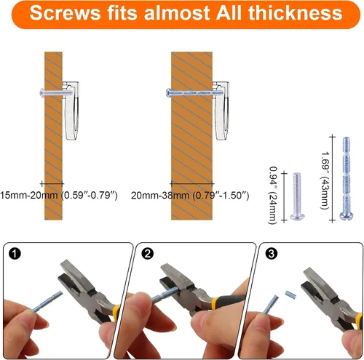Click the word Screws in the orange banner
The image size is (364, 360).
[x=65, y=13]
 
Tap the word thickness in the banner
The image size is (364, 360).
[x=296, y=13]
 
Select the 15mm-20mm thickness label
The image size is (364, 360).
[x=59, y=195]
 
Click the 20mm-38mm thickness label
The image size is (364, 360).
[x=190, y=195]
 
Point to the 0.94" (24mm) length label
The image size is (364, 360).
[x=273, y=195]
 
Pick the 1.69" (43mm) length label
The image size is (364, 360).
[x=325, y=180]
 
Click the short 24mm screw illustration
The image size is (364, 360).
[x=297, y=196]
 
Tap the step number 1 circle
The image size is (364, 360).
[x=15, y=254]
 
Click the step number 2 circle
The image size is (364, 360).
[x=148, y=254]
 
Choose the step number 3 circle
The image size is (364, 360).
[x=272, y=254]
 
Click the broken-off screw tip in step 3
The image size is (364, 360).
[x=290, y=295]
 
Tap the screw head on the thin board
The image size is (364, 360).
[x=41, y=92]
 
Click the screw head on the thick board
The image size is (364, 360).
[x=168, y=92]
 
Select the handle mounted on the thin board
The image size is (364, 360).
[x=71, y=111]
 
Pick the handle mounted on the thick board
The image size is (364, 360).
[x=221, y=111]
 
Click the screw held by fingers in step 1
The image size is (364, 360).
[x=47, y=302]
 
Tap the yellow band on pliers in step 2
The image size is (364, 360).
[x=215, y=302]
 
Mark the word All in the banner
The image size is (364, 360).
[x=229, y=13]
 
